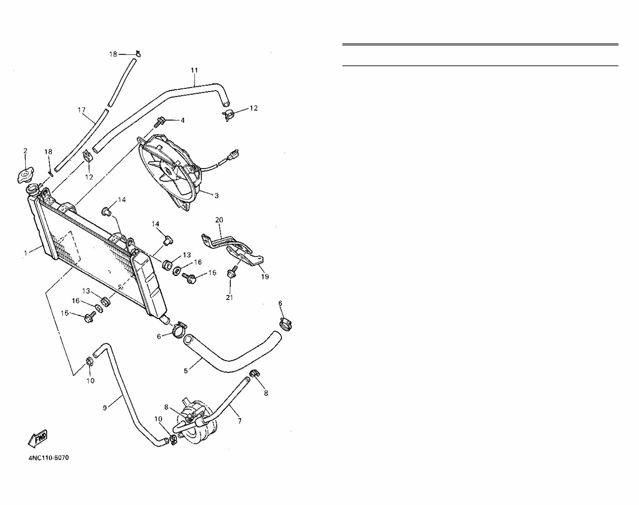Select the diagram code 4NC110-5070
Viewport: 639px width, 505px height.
[48, 458]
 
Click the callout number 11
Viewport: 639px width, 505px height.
[194, 70]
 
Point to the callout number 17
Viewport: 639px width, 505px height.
[81, 110]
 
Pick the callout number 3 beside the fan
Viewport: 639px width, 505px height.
[216, 196]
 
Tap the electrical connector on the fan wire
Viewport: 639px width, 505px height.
[233, 155]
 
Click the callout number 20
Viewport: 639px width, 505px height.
[219, 220]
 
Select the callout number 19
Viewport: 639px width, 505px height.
[264, 277]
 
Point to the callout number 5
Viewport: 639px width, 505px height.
[186, 371]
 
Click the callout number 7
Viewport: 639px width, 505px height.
[240, 421]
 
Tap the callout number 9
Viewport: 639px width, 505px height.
[105, 408]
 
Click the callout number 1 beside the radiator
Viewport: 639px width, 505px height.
[26, 253]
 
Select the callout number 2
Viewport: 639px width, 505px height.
[25, 151]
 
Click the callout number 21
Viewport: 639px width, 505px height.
[229, 297]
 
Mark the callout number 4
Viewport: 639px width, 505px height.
[182, 120]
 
